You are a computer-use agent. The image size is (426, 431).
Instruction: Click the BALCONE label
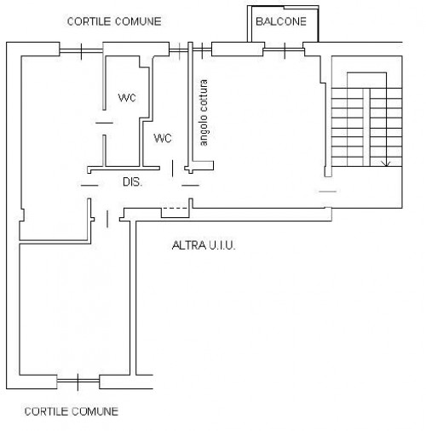coord(281,21)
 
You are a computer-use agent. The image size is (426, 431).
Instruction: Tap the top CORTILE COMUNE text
coord(114,21)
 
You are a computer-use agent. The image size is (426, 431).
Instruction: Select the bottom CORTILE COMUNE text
coord(72,411)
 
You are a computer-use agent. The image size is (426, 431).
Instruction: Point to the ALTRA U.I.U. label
coord(204,245)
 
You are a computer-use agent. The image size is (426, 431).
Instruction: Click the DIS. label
coord(132,182)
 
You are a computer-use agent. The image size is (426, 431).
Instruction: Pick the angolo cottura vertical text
coord(204,112)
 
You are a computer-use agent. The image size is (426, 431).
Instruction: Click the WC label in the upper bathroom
coord(127,98)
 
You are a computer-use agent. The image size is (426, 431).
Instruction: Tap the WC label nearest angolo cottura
coord(163,138)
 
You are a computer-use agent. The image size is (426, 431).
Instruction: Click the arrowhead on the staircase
coord(386,164)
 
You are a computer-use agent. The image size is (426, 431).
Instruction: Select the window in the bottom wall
coord(78,382)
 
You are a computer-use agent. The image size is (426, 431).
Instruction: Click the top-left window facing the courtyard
coord(81,51)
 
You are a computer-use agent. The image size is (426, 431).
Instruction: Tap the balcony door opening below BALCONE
coord(285,50)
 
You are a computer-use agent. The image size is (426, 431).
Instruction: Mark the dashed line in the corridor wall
coord(175,209)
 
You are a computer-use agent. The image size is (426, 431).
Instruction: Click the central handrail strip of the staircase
coord(366,127)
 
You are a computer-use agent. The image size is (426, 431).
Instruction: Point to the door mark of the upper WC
coord(104,123)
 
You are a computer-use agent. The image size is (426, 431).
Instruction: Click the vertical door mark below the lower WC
coord(172,169)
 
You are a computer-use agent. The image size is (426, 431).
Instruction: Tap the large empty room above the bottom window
coord(74,309)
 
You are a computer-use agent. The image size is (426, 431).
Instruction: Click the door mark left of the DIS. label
coord(89,186)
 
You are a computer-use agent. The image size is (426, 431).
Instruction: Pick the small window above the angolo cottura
coord(191,50)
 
